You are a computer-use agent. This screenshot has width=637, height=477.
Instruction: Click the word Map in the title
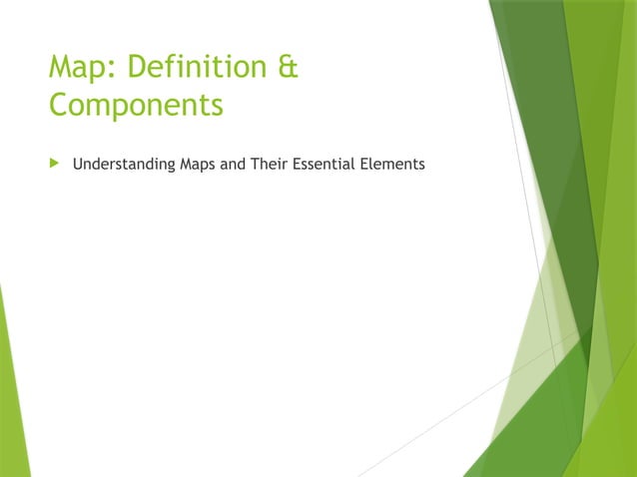click(x=82, y=69)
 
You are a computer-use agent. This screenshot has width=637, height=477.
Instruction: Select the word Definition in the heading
click(x=198, y=69)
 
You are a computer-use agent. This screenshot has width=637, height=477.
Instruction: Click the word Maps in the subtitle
click(x=198, y=164)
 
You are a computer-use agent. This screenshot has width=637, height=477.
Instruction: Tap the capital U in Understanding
click(x=77, y=164)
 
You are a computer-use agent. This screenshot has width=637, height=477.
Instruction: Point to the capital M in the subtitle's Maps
click(x=185, y=164)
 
